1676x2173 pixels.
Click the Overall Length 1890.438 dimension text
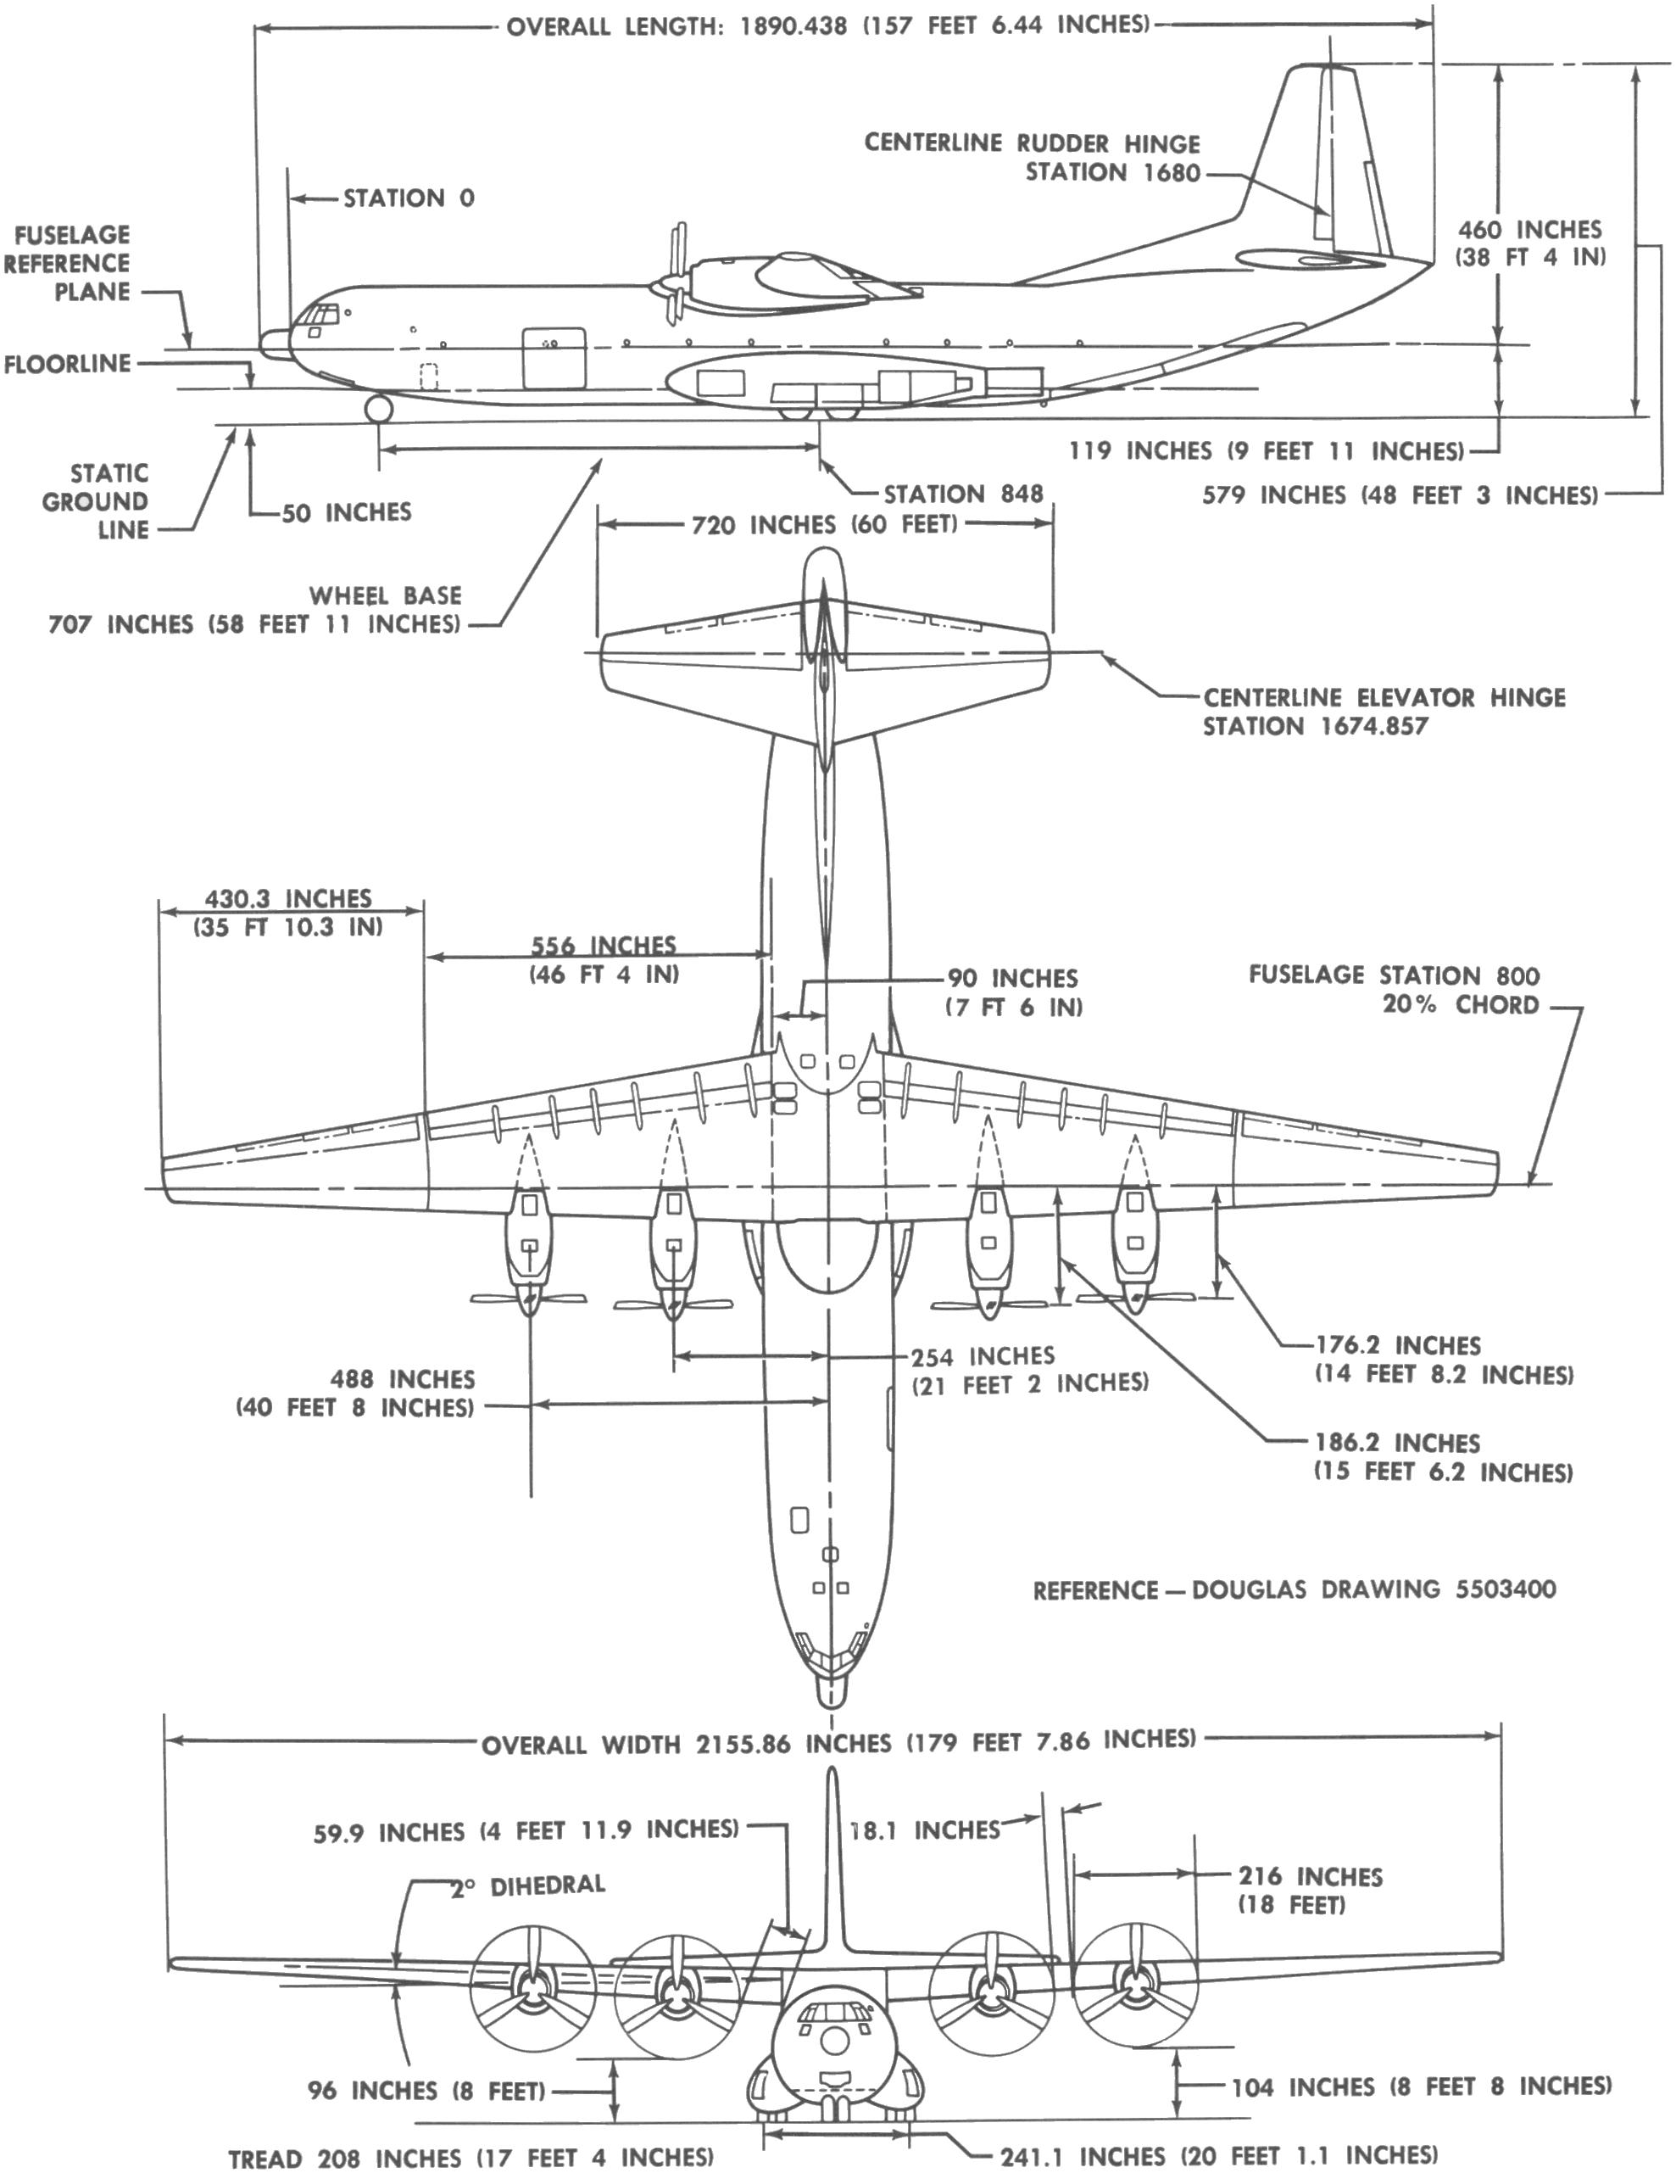(827, 25)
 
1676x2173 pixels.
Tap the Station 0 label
(408, 198)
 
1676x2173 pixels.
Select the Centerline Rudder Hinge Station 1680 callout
(1032, 157)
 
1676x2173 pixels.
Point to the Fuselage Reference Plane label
(67, 263)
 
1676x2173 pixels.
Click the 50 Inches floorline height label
(345, 512)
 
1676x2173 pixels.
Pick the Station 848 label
(962, 494)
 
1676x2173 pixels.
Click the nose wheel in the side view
(378, 408)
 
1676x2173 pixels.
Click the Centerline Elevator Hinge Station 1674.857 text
(1383, 712)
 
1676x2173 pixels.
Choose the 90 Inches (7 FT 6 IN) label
(1012, 992)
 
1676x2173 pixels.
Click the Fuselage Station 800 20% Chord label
(1394, 989)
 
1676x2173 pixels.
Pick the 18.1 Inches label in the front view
(924, 1829)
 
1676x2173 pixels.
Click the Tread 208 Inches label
(471, 2157)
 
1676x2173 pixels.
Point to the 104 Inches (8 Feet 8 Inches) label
(1420, 2086)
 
